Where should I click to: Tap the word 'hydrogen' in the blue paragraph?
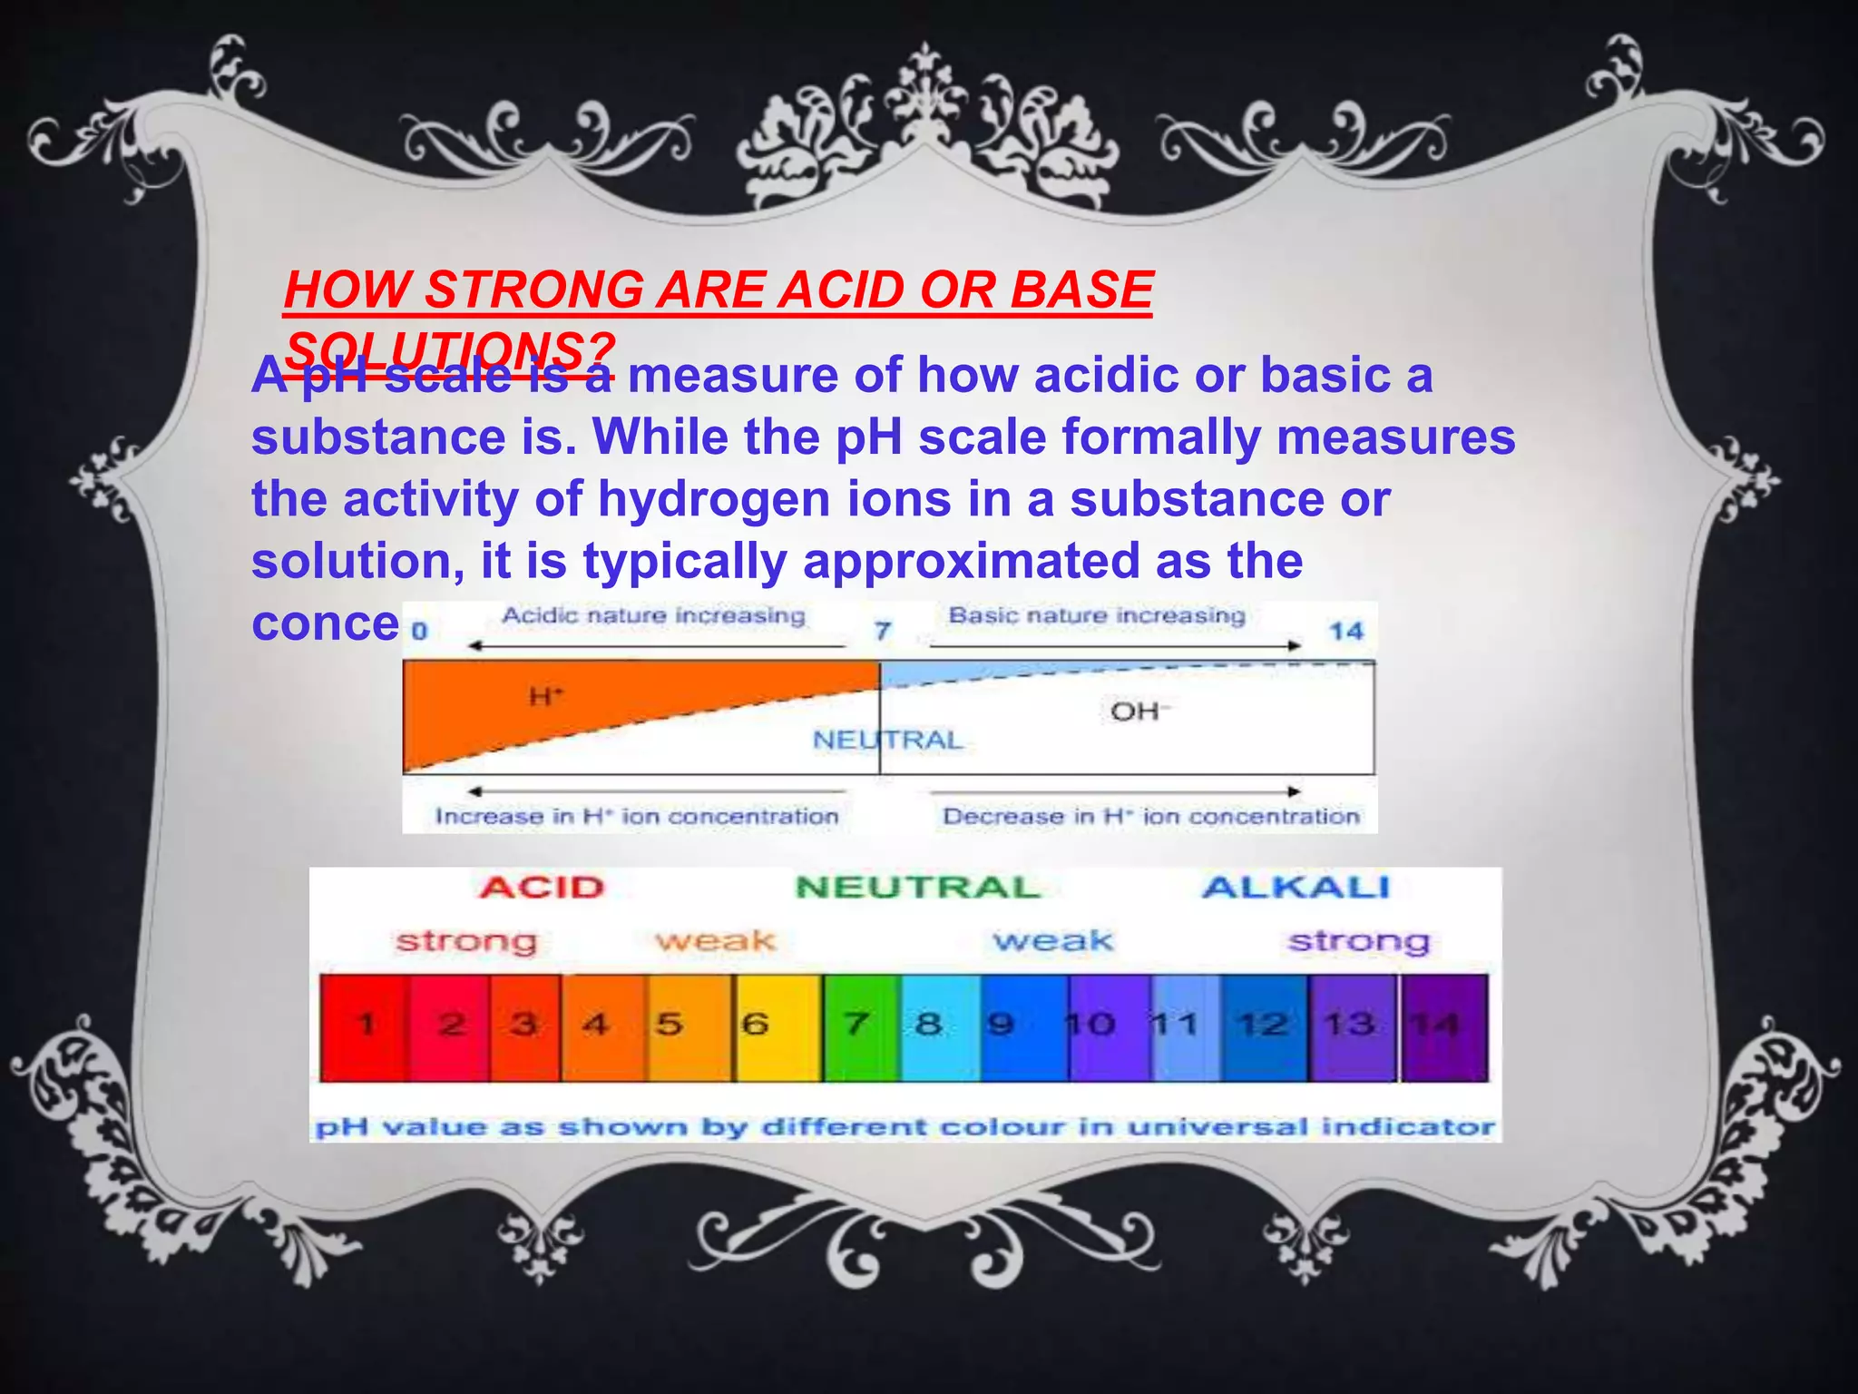(712, 499)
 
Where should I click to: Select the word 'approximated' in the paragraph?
(970, 561)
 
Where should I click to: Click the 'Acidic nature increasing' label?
(653, 616)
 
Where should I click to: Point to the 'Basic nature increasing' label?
(1096, 616)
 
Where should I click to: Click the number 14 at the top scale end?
(1346, 631)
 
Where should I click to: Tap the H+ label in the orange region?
(546, 697)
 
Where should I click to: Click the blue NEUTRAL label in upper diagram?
(887, 741)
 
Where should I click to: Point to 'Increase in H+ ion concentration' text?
(637, 817)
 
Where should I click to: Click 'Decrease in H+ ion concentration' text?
(1150, 817)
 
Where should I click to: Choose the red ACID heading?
(542, 888)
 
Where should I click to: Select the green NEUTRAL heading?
(917, 888)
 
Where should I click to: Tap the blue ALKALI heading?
(1296, 888)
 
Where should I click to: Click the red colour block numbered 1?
(365, 1026)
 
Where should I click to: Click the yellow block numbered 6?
(777, 1026)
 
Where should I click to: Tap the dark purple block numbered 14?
(1444, 1026)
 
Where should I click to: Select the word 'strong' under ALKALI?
(1358, 942)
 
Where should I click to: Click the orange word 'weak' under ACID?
(716, 942)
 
